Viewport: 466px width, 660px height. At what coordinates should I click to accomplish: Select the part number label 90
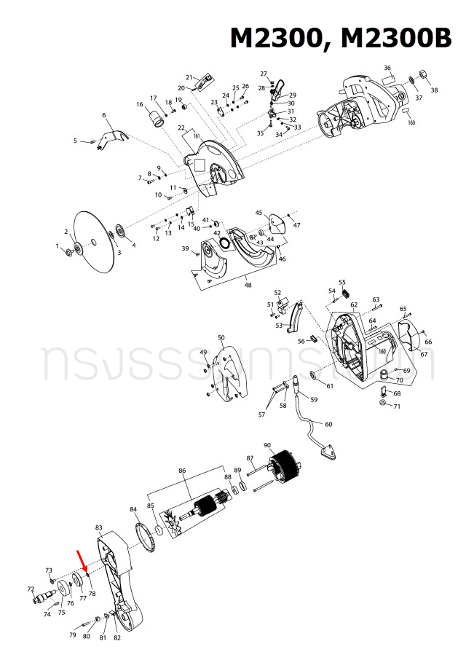[267, 445]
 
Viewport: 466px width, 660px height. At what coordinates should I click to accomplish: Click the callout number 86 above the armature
[182, 471]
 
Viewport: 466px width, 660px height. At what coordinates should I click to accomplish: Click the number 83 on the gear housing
[99, 527]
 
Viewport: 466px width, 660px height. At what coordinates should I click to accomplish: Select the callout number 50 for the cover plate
[221, 338]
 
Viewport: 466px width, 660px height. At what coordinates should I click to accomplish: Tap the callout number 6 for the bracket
[104, 115]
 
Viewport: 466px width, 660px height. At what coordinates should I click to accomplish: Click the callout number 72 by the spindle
[31, 589]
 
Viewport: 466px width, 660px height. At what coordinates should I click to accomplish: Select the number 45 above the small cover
[258, 213]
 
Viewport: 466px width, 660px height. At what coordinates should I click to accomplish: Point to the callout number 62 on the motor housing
[354, 305]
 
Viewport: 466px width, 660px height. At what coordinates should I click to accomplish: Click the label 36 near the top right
[387, 68]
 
